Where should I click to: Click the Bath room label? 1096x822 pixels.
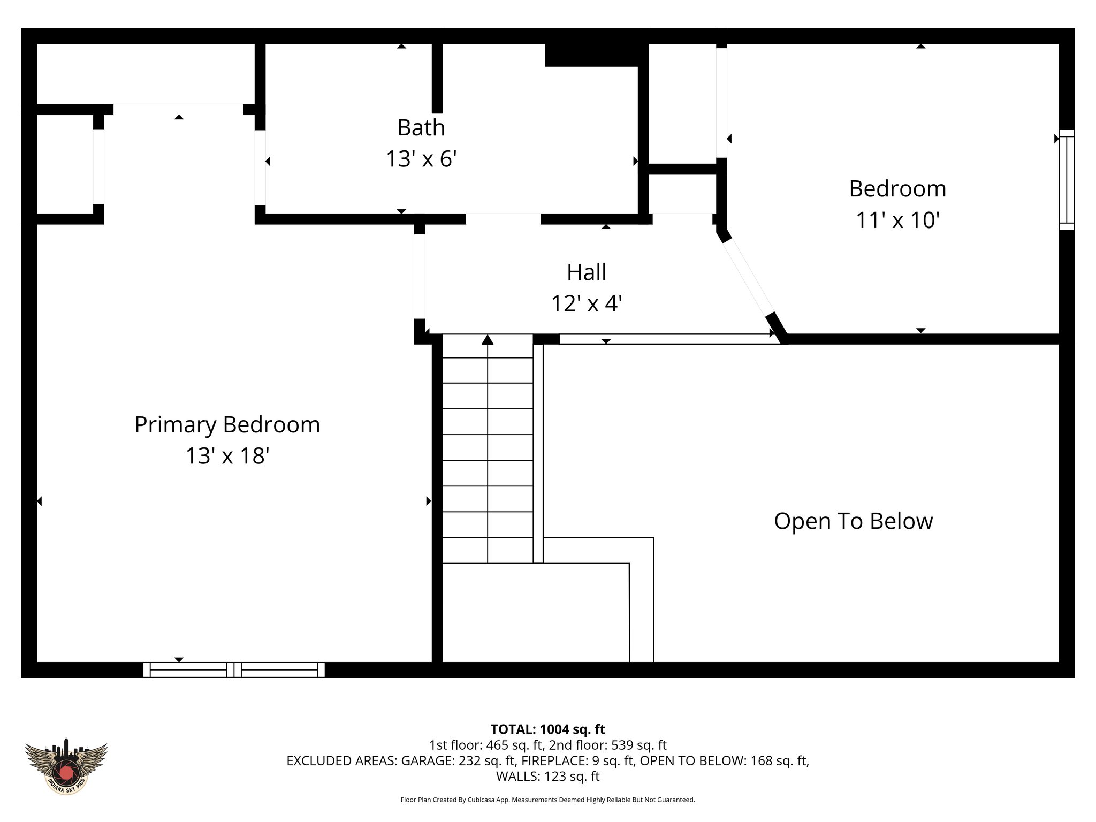coord(421,128)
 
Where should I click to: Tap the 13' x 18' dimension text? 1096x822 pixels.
coord(227,456)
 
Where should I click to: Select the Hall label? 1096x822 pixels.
coord(587,272)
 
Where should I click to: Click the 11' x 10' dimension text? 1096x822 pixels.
coord(897,220)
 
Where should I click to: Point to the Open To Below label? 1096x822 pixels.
coord(853,521)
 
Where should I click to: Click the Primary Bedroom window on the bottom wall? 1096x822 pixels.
coord(234,669)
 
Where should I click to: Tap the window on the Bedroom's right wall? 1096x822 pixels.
coord(1067,180)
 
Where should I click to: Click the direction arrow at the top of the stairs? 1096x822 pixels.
coord(487,340)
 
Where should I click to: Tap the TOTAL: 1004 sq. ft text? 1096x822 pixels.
coord(547,729)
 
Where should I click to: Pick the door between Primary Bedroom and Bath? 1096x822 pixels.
coord(260,168)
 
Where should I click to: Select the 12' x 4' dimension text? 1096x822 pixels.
coord(587,304)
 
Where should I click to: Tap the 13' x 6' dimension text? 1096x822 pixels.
coord(421,159)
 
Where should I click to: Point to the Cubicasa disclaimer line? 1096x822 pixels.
coord(547,800)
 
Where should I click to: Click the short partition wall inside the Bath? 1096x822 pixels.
coord(437,78)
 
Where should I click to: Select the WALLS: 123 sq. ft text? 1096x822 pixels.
coord(547,776)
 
